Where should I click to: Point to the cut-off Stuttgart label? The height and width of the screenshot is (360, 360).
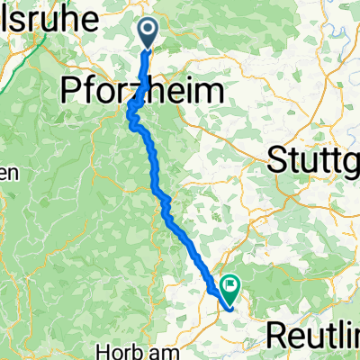pyautogui.click(x=315, y=162)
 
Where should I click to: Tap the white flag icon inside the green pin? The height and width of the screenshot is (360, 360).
pyautogui.click(x=230, y=287)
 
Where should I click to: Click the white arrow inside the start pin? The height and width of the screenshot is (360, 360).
pyautogui.click(x=148, y=31)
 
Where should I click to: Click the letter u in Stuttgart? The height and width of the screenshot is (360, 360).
pyautogui.click(x=302, y=163)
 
